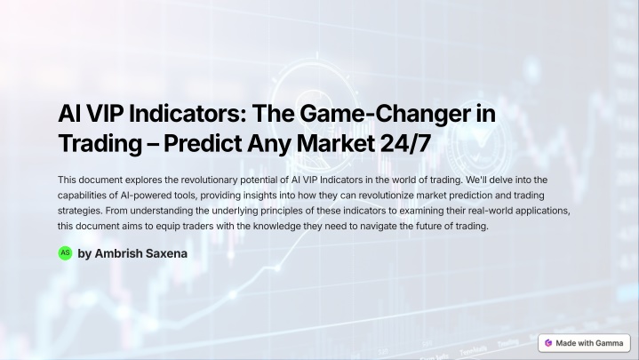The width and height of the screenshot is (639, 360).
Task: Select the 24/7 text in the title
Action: [405, 143]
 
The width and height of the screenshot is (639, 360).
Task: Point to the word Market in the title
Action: [336, 143]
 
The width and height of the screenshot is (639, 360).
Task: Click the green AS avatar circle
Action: [65, 253]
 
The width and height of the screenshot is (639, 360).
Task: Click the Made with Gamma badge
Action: [584, 343]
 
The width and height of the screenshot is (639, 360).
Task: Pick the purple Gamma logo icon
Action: [548, 343]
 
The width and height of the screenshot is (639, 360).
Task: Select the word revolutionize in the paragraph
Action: [386, 196]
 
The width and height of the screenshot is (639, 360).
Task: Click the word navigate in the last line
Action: [378, 227]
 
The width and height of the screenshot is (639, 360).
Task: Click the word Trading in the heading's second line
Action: [100, 143]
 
